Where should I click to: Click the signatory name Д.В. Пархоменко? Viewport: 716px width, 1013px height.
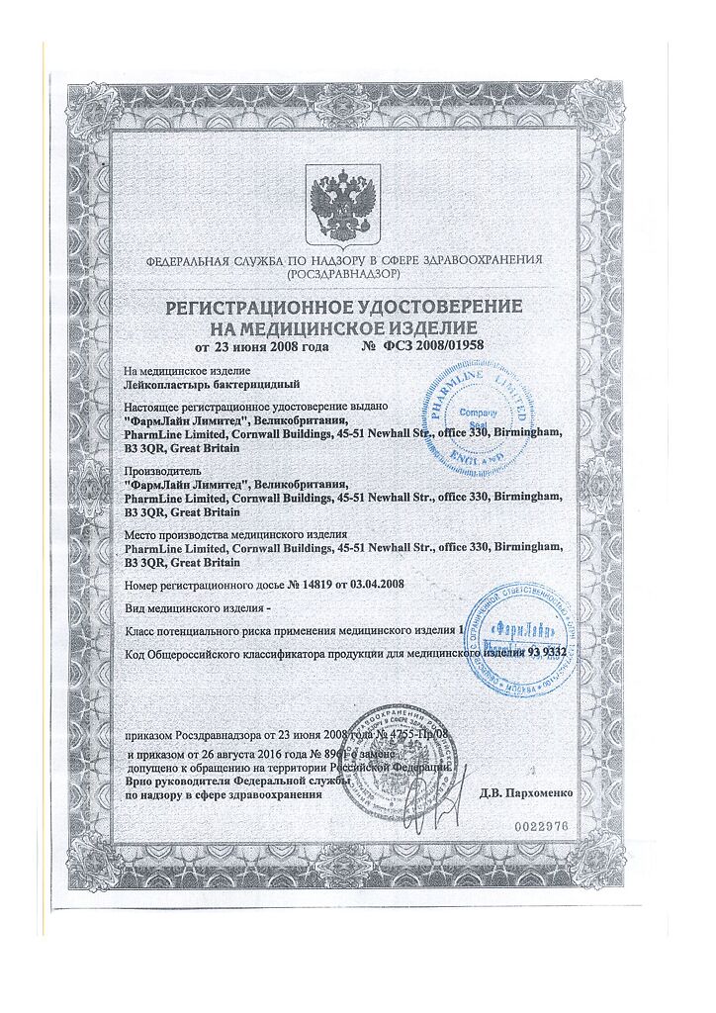tap(521, 792)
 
